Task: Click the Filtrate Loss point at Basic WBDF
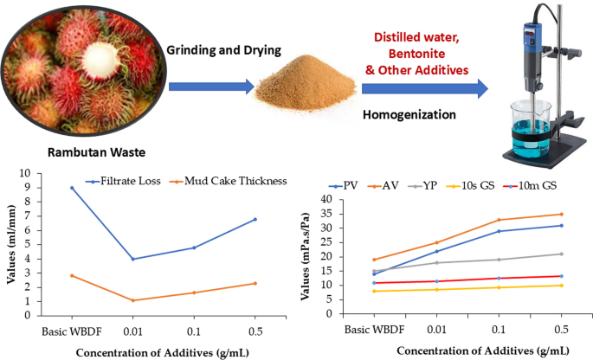(72, 188)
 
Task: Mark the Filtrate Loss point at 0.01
(132, 259)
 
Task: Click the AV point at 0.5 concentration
(562, 214)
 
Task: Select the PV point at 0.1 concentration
(499, 231)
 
